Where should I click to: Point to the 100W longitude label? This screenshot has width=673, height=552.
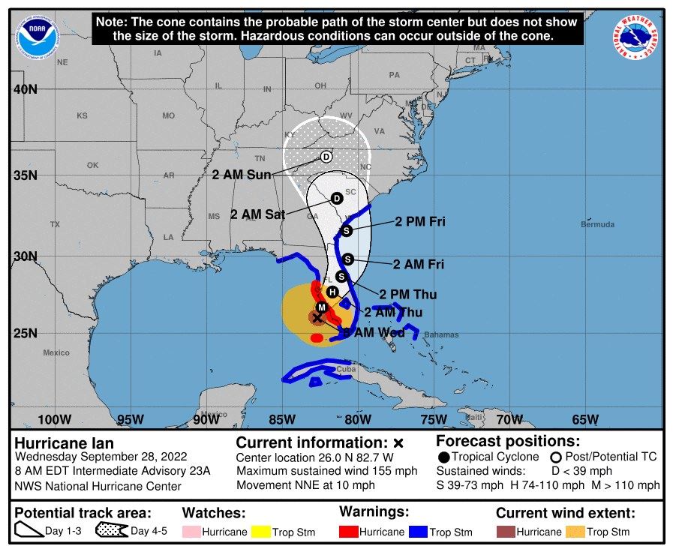54,419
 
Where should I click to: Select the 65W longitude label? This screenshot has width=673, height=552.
584,419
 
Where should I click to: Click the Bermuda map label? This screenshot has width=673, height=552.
597,224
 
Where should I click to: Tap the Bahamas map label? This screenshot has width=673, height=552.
440,334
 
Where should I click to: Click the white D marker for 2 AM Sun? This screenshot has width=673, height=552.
326,157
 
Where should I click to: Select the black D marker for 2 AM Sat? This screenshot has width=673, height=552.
337,198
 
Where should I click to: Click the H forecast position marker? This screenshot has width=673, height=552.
332,292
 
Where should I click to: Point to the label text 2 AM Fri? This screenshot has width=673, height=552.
418,264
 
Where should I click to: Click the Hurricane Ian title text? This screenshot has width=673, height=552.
64,443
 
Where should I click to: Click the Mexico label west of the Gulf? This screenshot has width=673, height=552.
56,352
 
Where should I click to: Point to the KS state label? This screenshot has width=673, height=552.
82,116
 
